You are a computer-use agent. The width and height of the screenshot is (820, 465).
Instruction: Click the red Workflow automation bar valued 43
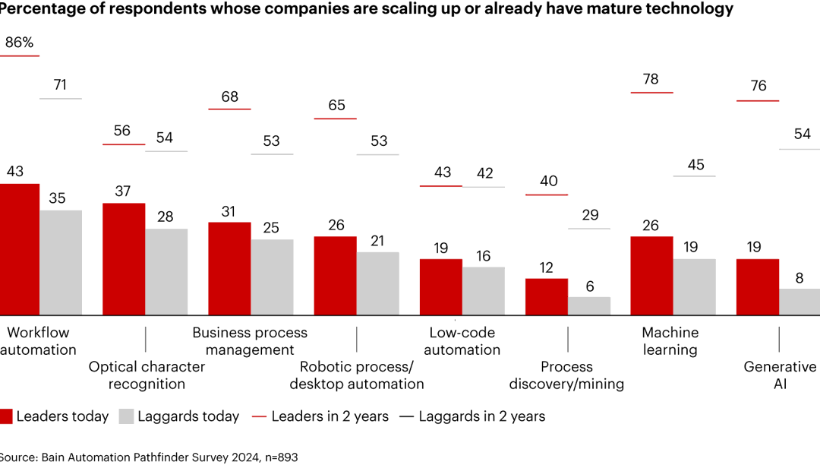[19, 249]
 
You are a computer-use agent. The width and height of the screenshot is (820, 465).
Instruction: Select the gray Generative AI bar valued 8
[799, 302]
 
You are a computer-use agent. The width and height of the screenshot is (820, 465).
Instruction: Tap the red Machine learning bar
[651, 275]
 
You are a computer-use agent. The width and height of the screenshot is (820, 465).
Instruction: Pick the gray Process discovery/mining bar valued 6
[589, 305]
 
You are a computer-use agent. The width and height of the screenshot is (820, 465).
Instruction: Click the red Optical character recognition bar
[124, 258]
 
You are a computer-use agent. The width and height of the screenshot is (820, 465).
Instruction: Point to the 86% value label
[19, 43]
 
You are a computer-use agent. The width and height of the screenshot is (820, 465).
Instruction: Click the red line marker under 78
[651, 93]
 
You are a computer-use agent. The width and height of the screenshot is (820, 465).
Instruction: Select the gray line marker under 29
[589, 229]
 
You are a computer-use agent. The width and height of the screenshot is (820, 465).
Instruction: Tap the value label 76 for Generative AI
[757, 86]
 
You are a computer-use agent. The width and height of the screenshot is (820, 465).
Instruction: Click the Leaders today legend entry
[55, 416]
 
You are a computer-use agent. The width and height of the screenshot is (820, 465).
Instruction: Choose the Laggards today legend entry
[179, 416]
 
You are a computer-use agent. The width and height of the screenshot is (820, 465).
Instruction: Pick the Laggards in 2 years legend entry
[471, 416]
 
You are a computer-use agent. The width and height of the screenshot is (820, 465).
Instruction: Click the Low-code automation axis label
[462, 341]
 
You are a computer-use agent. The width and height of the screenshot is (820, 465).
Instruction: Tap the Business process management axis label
[250, 341]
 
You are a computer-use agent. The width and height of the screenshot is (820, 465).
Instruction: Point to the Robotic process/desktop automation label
[357, 375]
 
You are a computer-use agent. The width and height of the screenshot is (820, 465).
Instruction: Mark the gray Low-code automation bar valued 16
[483, 290]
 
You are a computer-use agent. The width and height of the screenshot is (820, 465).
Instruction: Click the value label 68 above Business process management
[229, 96]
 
